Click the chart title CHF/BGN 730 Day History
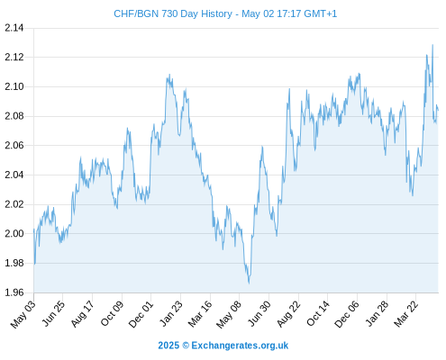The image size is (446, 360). point(173,13)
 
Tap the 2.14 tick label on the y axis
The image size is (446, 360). point(14,28)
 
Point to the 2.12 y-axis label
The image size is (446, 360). point(14,57)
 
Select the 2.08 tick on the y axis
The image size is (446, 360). point(14,116)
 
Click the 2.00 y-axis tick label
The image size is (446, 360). point(14,234)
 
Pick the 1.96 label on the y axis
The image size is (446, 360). point(14,292)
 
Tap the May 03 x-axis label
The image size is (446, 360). point(23,314)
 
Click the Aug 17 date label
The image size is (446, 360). point(83,314)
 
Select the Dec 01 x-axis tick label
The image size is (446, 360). point(141,314)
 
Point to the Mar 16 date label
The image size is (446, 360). point(200,314)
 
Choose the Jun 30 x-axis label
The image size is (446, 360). point(259,314)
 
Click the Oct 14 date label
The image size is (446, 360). point(318,314)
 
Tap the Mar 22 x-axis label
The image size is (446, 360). point(406,314)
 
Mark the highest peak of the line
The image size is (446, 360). point(432,45)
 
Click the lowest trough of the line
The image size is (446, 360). point(249,283)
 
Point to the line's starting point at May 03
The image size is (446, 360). point(34,229)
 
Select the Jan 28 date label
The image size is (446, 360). point(377,314)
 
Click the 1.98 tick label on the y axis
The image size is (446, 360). point(14,263)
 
